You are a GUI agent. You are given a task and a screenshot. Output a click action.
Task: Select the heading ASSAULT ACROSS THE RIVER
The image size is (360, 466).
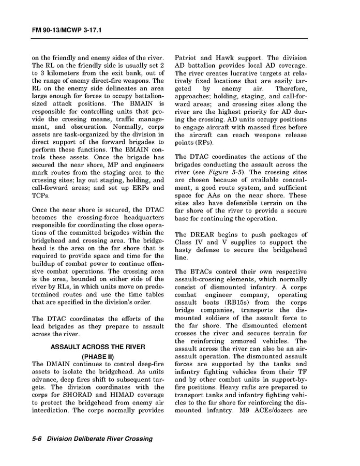pyautogui.click(x=98, y=347)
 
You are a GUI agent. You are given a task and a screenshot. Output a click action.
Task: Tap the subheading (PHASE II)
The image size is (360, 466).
pyautogui.click(x=98, y=356)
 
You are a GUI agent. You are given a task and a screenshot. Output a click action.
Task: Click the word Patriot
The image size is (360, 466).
pyautogui.click(x=187, y=58)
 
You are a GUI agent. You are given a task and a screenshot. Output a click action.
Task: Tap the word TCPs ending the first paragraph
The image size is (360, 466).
pyautogui.click(x=41, y=196)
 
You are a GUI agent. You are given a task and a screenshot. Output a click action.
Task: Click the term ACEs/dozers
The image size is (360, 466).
pyautogui.click(x=274, y=412)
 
